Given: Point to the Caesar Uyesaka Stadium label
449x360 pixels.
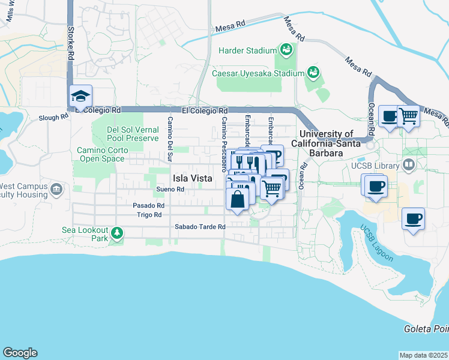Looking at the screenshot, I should (x=258, y=73).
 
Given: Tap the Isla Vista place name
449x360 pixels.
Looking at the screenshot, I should (x=192, y=178).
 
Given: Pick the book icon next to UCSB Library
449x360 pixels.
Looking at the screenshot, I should (x=409, y=164).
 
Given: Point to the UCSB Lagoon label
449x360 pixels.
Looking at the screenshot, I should (x=377, y=244).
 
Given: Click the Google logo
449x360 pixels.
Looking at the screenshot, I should (x=20, y=353).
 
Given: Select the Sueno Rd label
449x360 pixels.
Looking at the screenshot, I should (x=170, y=189).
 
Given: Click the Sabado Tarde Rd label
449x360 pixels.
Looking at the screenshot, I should (x=200, y=227).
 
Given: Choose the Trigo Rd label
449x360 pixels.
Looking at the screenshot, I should (x=149, y=214).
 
